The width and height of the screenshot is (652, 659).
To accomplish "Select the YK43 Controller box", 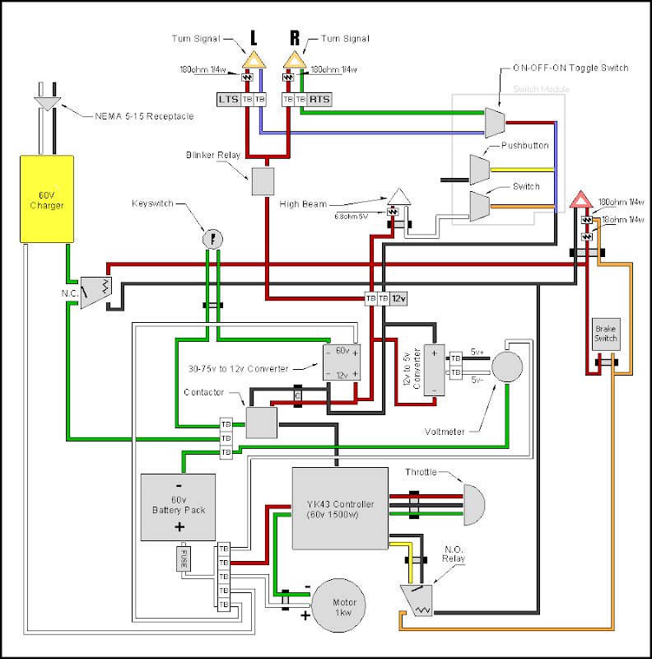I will [340, 507].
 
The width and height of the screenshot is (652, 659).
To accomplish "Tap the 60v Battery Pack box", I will [178, 507].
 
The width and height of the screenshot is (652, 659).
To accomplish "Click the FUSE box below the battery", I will [183, 559].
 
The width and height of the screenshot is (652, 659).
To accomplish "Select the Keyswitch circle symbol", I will [212, 239].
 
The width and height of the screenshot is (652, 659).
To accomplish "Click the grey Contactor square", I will [263, 422].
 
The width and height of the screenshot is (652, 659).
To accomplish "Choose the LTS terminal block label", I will [228, 100].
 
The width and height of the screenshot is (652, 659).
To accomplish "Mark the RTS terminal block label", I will [319, 100].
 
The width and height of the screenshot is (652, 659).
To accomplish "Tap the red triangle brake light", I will [581, 199].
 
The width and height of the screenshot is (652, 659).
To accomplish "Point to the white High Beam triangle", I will [399, 196].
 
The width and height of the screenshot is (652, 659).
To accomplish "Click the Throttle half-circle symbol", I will [473, 504].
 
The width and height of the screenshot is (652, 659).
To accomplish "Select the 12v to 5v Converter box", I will [434, 370].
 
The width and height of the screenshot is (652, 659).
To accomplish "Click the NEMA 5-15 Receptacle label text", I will [143, 116].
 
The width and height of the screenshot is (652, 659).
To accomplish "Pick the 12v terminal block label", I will [398, 298].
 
